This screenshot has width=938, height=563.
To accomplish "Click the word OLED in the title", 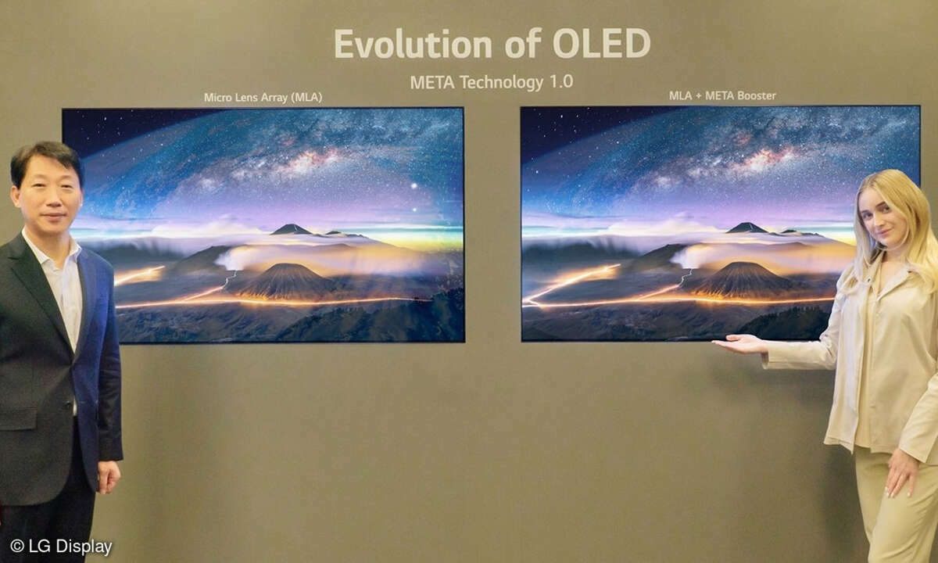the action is [x=602, y=44].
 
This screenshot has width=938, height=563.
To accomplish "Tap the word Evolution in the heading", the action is [x=414, y=44].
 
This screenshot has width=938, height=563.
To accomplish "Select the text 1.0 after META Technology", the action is [x=561, y=81].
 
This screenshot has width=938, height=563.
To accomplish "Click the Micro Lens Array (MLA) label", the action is [x=263, y=98].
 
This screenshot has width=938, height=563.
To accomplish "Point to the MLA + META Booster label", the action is [x=722, y=96].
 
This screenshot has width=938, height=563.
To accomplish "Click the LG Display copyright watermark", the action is [x=61, y=547].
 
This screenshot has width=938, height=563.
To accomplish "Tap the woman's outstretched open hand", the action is [x=739, y=344].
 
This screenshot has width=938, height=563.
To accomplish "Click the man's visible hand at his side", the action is [x=109, y=477].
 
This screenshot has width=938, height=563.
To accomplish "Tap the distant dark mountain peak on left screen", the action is [x=292, y=229].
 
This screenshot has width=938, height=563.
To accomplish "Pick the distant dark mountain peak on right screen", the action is [x=748, y=228].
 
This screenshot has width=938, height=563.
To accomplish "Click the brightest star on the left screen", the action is [x=414, y=185].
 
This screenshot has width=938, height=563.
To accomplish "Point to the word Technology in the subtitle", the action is [x=502, y=83].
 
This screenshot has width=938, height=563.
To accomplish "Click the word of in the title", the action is [x=523, y=43].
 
